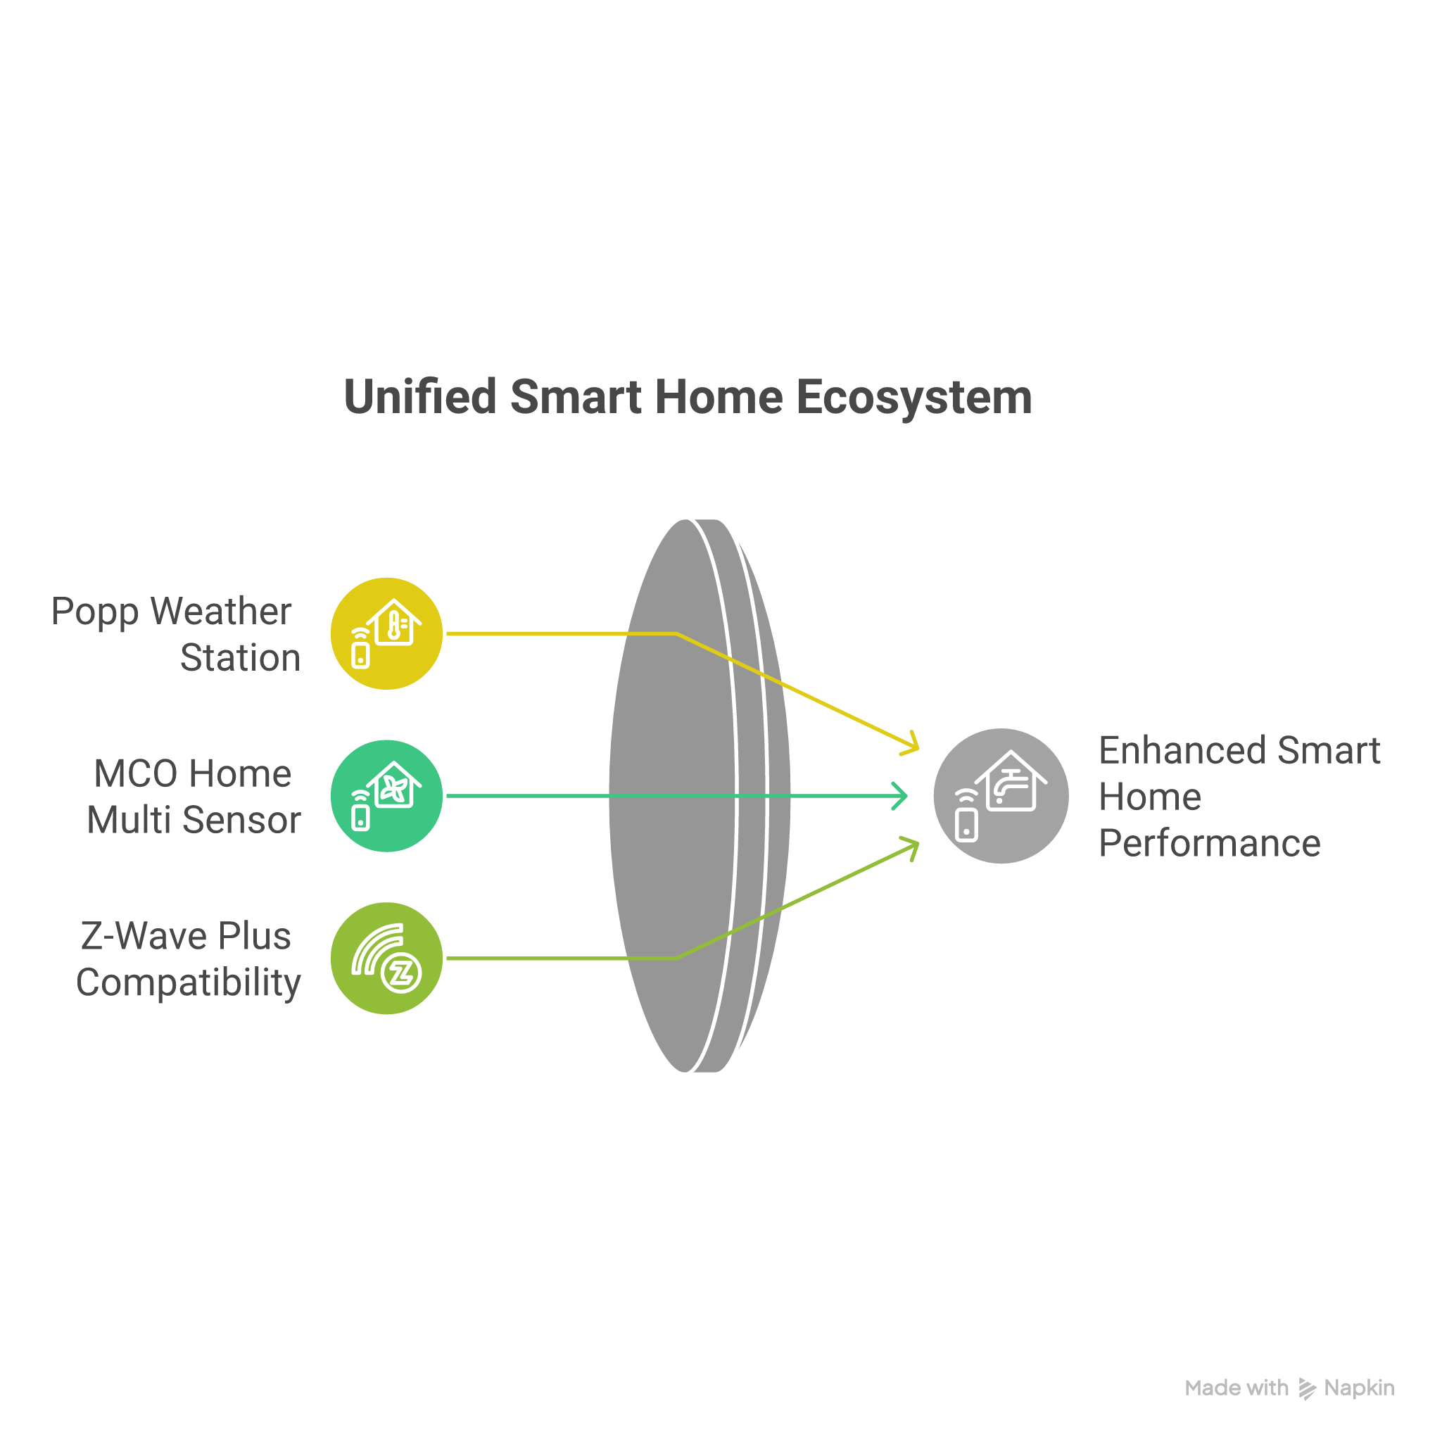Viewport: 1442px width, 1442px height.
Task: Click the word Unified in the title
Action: pos(419,396)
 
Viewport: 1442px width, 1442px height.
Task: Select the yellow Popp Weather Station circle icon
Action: pos(386,633)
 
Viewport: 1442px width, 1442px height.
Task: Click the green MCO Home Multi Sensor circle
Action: pos(386,796)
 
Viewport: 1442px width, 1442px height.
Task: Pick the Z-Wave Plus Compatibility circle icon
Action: pos(386,958)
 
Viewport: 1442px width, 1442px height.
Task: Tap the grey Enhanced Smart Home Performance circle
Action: pos(1001,796)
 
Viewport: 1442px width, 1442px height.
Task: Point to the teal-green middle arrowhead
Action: pos(901,796)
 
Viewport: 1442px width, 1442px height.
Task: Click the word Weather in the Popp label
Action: pos(220,612)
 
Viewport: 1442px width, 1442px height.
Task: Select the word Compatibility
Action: pos(188,982)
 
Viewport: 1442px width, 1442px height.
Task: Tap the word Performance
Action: pos(1209,843)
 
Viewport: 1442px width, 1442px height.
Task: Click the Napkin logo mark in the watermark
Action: pos(1308,1389)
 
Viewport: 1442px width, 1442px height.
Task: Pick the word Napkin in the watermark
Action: pos(1358,1389)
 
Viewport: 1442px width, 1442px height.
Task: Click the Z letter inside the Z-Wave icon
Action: pos(402,973)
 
